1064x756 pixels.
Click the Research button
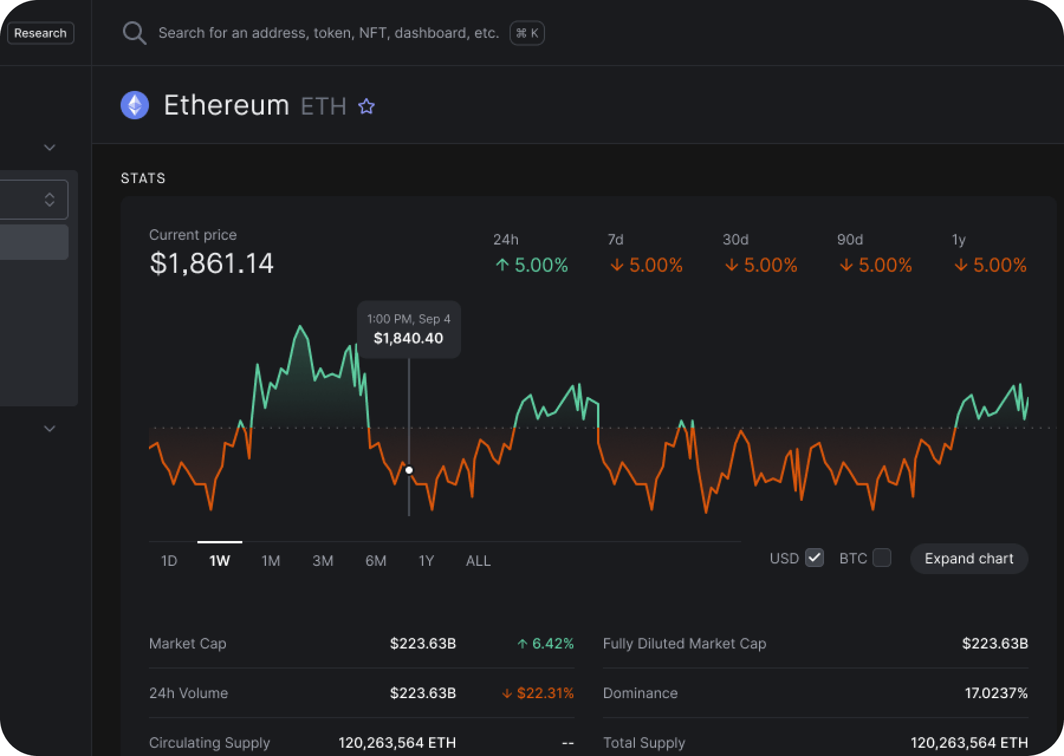(40, 33)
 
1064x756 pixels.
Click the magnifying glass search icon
(134, 34)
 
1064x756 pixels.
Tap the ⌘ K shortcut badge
(527, 33)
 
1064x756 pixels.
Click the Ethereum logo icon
(135, 106)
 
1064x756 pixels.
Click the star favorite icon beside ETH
(366, 106)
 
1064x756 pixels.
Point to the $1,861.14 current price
(212, 263)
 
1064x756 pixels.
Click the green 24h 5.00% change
(531, 265)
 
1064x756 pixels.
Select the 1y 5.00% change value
(991, 265)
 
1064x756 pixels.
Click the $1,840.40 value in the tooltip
(408, 338)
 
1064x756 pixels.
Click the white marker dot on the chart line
(409, 470)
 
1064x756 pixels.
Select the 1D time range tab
(169, 561)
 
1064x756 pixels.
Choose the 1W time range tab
(219, 561)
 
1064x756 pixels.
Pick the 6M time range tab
(376, 561)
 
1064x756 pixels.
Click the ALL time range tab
(478, 561)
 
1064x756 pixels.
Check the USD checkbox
(815, 558)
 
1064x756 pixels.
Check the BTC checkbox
(881, 558)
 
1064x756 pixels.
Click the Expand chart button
(969, 559)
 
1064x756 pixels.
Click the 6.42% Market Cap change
(546, 643)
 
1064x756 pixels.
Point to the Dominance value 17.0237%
(996, 693)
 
